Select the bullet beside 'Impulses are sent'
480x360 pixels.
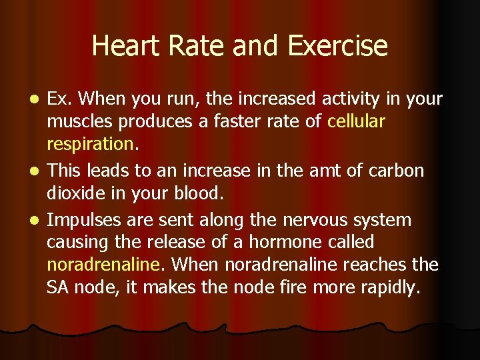coord(39,220)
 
